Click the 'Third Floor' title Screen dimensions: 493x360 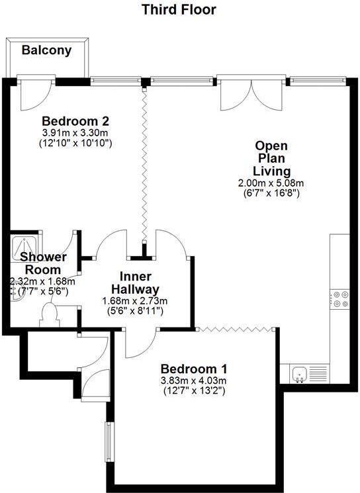pyautogui.click(x=179, y=10)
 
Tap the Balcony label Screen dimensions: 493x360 pyautogui.click(x=46, y=50)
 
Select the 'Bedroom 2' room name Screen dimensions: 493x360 pyautogui.click(x=75, y=122)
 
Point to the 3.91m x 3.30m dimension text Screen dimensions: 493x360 pyautogui.click(x=75, y=132)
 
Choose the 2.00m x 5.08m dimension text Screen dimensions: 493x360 pyautogui.click(x=271, y=183)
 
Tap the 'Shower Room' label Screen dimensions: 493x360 pyautogui.click(x=42, y=263)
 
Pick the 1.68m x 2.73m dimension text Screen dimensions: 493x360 pyautogui.click(x=135, y=300)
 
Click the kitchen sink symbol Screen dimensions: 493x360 pyautogui.click(x=300, y=375)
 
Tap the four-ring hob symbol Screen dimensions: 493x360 pyautogui.click(x=341, y=299)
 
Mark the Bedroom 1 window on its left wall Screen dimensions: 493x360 pyautogui.click(x=109, y=441)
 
